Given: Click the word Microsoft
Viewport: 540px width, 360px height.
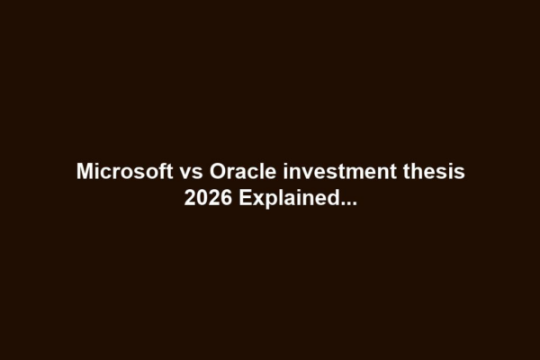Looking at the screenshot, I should pyautogui.click(x=117, y=171).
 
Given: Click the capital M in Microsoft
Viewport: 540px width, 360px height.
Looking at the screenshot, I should pyautogui.click(x=84, y=171).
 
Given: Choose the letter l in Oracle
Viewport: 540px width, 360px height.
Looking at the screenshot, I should pyautogui.click(x=247, y=171).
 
